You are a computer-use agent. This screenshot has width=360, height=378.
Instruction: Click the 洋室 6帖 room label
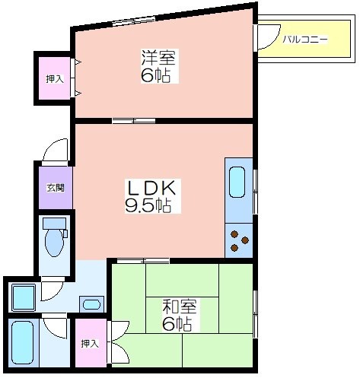click(x=160, y=66)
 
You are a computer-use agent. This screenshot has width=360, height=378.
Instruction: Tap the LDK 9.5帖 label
click(x=153, y=196)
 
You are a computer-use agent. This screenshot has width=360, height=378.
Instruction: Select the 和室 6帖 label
click(x=180, y=315)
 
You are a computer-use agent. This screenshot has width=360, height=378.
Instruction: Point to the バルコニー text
click(x=305, y=40)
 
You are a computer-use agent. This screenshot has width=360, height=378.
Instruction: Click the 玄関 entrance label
click(x=56, y=188)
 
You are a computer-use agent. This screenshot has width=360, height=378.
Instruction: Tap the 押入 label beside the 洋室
click(x=55, y=79)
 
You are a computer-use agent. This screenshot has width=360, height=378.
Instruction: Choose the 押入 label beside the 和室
click(x=90, y=344)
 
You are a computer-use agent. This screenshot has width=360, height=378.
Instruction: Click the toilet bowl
click(x=54, y=243)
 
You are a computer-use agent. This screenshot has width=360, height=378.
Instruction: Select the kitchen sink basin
click(x=237, y=182)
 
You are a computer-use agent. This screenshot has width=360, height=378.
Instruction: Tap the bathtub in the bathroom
click(x=23, y=343)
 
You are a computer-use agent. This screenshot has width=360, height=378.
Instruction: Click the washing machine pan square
click(x=23, y=298)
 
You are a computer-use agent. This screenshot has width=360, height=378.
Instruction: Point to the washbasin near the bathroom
click(x=91, y=304)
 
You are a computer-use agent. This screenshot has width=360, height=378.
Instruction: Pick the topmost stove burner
click(x=235, y=234)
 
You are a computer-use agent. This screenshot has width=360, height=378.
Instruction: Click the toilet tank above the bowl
click(x=55, y=224)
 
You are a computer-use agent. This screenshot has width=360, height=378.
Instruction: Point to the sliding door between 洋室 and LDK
click(x=134, y=121)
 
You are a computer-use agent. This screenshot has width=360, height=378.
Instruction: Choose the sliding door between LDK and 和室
click(x=143, y=261)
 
